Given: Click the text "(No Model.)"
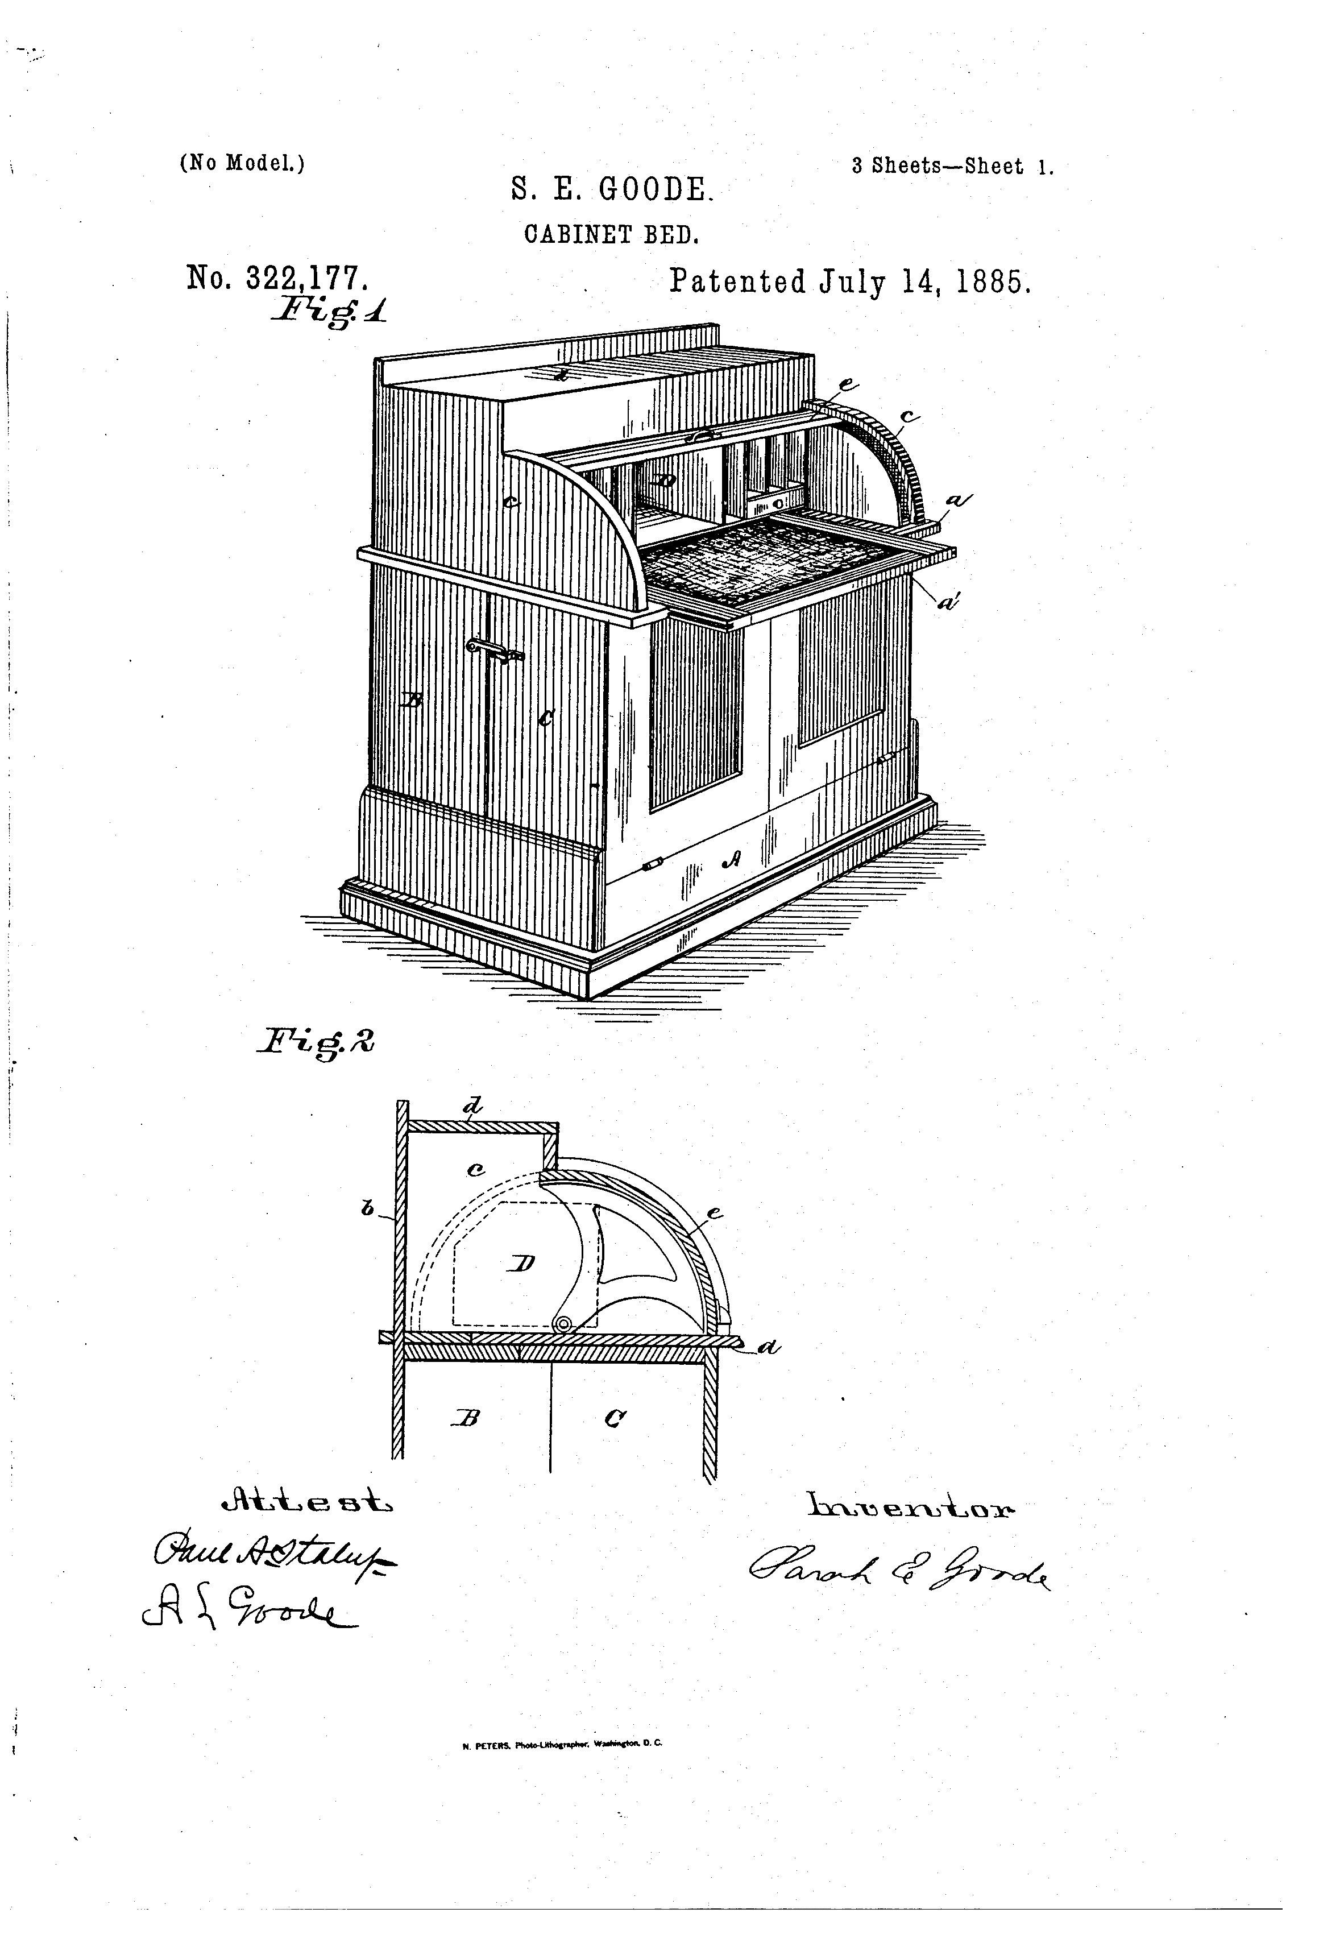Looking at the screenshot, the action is [x=242, y=163].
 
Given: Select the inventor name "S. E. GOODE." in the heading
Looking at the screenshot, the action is [x=612, y=191].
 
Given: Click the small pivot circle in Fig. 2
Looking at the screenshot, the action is [x=563, y=1324].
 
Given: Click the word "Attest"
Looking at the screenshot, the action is [x=306, y=1502].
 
